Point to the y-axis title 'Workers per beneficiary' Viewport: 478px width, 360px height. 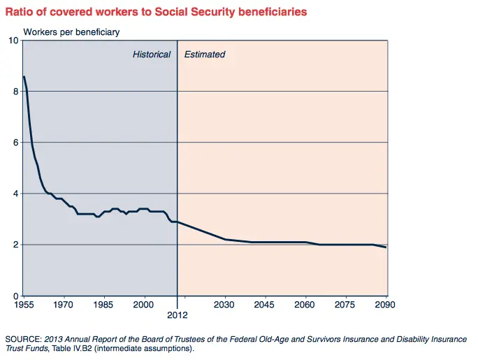pyautogui.click(x=72, y=32)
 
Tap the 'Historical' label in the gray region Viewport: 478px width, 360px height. pyautogui.click(x=152, y=54)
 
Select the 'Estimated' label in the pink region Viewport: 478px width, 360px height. pyautogui.click(x=205, y=54)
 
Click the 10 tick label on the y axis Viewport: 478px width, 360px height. pyautogui.click(x=13, y=41)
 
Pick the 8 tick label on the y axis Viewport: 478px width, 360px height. pyautogui.click(x=15, y=92)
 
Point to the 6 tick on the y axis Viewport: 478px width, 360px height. pyautogui.click(x=15, y=143)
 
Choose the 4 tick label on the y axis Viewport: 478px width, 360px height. pyautogui.click(x=15, y=194)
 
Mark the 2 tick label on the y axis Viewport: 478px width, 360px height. pyautogui.click(x=15, y=245)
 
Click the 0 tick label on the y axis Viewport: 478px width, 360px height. pyautogui.click(x=15, y=296)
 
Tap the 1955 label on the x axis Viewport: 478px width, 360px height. pyautogui.click(x=23, y=305)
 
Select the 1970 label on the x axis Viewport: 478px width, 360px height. pyautogui.click(x=64, y=305)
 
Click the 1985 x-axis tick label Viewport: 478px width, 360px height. pyautogui.click(x=103, y=305)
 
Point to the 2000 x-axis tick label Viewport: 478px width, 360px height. pyautogui.click(x=144, y=305)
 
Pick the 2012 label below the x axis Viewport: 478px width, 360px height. pyautogui.click(x=177, y=316)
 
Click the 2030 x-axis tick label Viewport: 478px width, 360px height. pyautogui.click(x=225, y=305)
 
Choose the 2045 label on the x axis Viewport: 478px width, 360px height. pyautogui.click(x=265, y=305)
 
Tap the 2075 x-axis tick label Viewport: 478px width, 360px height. pyautogui.click(x=346, y=305)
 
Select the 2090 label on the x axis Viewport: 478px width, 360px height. pyautogui.click(x=386, y=305)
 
